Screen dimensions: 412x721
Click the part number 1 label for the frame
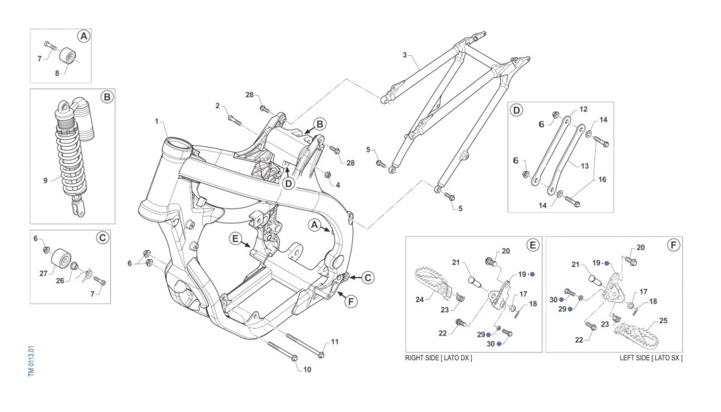coord(157,121)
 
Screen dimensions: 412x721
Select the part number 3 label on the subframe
coord(405,55)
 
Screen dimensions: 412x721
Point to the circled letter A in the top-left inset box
coord(83,37)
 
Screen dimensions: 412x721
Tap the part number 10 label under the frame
coord(307,369)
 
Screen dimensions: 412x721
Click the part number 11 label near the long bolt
coord(334,342)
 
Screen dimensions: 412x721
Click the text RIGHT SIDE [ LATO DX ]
coord(438,358)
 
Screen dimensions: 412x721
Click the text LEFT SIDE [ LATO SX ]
coord(651,358)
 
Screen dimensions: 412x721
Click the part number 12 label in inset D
coord(583,109)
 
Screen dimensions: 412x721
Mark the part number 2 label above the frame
coord(217,106)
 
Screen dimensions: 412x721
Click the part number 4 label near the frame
coord(338,185)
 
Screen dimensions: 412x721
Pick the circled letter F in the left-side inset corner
coord(672,246)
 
